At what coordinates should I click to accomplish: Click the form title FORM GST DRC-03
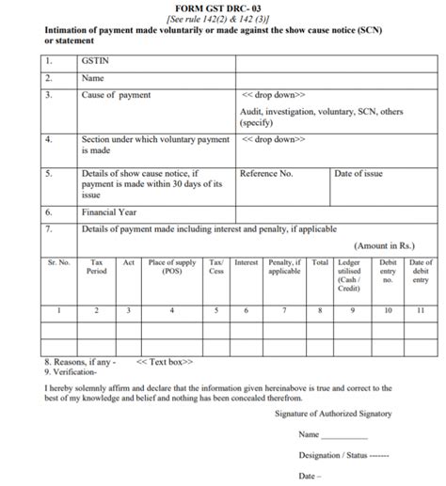223,7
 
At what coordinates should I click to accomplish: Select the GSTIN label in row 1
97,58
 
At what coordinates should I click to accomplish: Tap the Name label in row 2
93,77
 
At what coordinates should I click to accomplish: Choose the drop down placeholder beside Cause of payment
273,96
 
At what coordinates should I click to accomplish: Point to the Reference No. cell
267,174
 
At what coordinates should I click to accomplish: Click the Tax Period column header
96,268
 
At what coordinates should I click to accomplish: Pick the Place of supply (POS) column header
171,268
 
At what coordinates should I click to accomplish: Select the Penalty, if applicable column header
284,268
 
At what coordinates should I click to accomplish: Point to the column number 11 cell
421,309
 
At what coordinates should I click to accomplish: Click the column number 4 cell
171,309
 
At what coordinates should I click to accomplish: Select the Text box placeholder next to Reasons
166,361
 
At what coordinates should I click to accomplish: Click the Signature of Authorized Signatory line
334,414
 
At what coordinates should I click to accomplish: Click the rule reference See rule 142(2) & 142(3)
223,19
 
